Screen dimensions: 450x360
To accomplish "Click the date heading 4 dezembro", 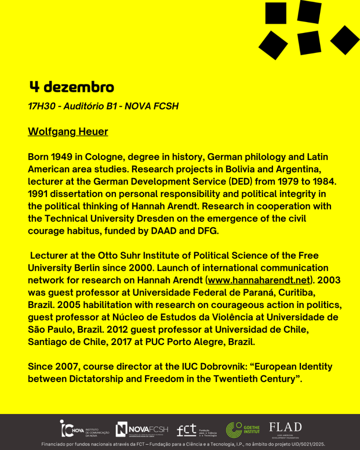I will pos(72,87).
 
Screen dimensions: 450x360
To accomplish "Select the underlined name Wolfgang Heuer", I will pos(68,131).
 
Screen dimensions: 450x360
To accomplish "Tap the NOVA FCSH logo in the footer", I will pos(142,429).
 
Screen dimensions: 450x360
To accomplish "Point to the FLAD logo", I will pos(285,429).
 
